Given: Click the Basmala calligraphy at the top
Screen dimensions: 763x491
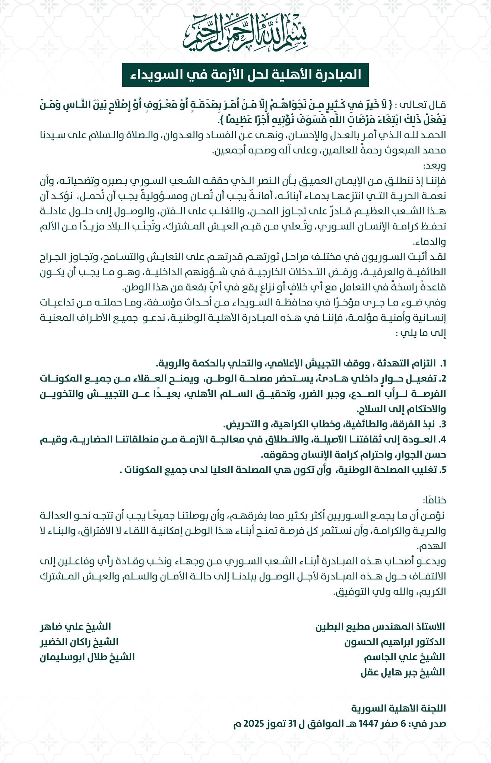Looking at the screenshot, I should click(x=245, y=32).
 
